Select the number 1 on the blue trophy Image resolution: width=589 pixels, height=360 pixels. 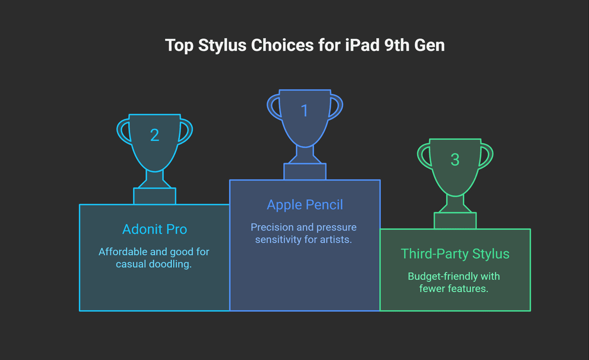[305, 110]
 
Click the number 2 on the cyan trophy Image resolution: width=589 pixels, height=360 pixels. [154, 135]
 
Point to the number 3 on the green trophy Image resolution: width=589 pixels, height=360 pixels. [455, 160]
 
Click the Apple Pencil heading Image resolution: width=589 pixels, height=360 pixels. [305, 205]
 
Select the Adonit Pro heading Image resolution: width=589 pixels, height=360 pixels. [154, 229]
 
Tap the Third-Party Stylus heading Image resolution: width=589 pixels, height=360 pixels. [455, 254]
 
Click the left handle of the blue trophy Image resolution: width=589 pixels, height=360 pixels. [274, 107]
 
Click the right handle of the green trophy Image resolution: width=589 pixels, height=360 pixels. [486, 155]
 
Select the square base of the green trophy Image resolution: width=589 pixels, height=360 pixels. [455, 220]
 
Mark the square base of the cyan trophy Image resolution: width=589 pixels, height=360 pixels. [154, 196]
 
